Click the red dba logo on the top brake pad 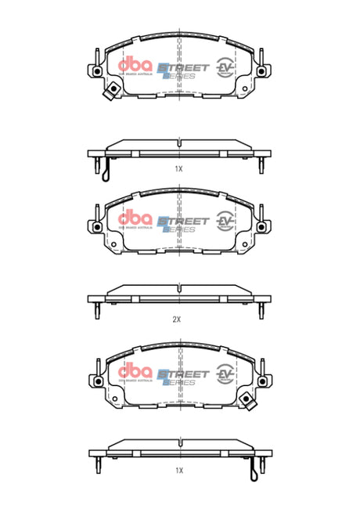[132, 67]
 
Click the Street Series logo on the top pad [183, 70]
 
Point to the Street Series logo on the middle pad [183, 222]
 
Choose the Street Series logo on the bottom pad [183, 376]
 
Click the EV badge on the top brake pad [225, 68]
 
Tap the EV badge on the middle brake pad [225, 221]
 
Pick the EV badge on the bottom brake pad [225, 374]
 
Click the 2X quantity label [177, 319]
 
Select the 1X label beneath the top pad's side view [178, 168]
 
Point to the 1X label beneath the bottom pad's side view [178, 471]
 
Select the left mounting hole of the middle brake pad [96, 227]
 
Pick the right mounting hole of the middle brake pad [262, 227]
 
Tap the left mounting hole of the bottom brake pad [96, 381]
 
